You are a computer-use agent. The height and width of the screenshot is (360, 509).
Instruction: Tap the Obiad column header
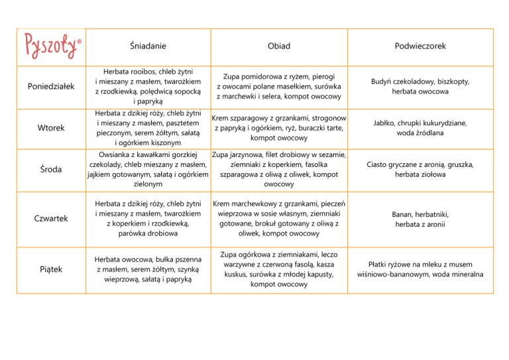279,46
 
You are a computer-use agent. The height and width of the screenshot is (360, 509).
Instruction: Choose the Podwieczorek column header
419,46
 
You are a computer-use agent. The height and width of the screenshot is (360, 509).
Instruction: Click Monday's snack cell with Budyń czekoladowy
420,86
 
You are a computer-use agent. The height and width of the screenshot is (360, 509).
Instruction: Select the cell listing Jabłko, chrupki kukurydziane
420,127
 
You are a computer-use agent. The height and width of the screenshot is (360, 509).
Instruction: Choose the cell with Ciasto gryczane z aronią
420,170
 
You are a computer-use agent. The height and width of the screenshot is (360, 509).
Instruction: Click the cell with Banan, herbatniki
420,218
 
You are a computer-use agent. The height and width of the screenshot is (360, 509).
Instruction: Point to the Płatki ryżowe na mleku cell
420,269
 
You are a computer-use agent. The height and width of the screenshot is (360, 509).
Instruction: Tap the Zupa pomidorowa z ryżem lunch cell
279,86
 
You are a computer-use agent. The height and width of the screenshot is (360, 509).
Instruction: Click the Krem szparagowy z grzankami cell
279,128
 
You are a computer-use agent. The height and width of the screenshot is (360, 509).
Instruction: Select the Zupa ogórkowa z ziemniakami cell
279,269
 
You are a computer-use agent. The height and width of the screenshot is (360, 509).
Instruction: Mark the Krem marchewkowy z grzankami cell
279,218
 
